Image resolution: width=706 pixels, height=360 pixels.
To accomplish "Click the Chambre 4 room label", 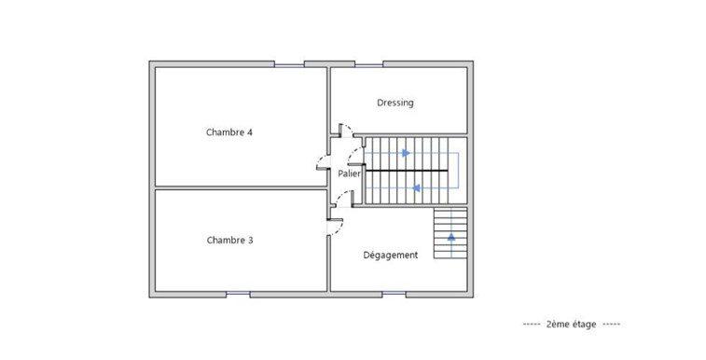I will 228,132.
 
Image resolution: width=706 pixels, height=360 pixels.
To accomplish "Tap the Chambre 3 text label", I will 228,240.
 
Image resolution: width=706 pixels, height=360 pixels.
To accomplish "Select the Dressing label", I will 395,103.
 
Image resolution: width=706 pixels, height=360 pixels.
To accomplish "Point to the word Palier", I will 349,173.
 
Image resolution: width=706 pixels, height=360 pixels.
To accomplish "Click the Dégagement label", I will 390,255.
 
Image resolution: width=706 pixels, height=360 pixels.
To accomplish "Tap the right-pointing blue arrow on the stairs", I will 405,153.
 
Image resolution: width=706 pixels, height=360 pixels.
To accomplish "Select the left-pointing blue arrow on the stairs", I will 416,187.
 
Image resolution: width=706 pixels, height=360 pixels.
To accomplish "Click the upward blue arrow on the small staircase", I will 451,237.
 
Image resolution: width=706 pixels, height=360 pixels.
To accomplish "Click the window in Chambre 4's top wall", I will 289,63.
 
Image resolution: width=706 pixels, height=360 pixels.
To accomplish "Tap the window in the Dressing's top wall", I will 368,63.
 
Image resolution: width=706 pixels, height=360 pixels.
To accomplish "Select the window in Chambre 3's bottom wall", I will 238,295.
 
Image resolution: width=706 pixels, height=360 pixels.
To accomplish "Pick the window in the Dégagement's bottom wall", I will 393,295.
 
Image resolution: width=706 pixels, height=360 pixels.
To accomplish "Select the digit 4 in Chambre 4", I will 250,132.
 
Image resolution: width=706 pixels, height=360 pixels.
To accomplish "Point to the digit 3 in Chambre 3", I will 250,240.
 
